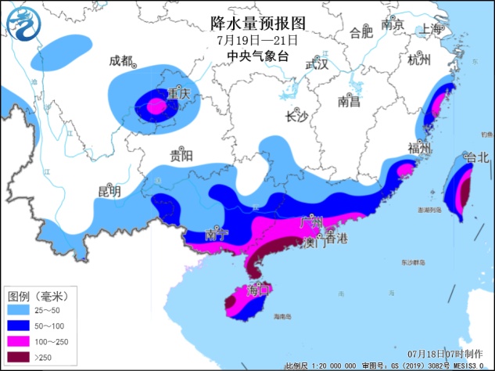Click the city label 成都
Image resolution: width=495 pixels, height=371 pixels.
pos(120,61)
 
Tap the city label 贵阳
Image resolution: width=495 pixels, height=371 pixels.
pos(181,155)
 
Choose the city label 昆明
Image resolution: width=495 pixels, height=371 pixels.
pos(109,191)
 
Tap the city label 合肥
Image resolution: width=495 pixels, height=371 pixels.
pos(361,33)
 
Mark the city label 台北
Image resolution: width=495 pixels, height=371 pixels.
pos(475,157)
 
